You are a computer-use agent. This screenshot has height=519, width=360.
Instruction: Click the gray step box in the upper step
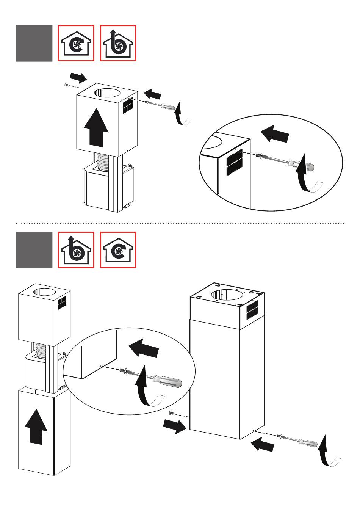pos(34,43)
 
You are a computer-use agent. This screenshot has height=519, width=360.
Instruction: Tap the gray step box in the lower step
pos(34,250)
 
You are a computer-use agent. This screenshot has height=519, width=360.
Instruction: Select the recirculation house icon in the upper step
pos(76,43)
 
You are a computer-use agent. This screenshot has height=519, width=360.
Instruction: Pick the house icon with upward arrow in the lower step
pos(76,250)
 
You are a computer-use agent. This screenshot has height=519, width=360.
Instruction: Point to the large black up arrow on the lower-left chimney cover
pos(36,426)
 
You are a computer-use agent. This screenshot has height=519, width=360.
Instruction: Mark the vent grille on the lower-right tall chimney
pos(252,309)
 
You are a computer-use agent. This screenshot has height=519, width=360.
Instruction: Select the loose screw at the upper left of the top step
pos(66,84)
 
